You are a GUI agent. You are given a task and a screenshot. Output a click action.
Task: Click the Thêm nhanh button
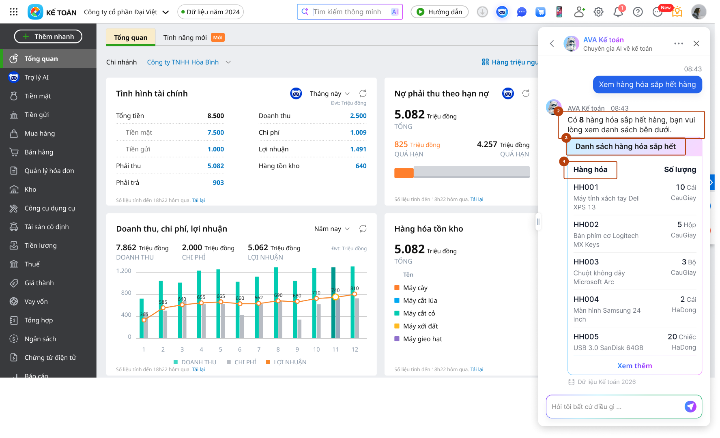pos(48,36)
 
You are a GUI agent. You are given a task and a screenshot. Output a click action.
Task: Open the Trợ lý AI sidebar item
pos(36,77)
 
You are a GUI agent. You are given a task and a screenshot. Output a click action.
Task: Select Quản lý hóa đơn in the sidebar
pos(49,171)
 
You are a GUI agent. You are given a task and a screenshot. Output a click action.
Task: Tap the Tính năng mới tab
pos(193,37)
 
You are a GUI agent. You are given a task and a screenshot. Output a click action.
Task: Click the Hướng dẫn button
pos(439,12)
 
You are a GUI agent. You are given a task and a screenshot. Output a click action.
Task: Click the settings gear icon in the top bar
pos(598,12)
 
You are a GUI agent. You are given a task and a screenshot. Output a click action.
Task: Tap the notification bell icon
pos(618,12)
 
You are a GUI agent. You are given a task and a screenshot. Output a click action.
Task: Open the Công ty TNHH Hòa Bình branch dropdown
pos(189,62)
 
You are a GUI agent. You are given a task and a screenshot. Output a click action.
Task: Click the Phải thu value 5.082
pos(215,166)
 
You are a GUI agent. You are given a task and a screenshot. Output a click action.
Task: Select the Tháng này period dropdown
pos(329,94)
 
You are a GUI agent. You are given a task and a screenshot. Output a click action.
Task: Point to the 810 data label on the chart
pos(355,288)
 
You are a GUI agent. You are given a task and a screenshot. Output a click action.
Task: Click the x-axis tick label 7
pos(259,349)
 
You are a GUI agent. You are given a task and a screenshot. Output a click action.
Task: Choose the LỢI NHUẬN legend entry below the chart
pos(286,362)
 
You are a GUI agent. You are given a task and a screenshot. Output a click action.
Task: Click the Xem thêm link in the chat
pos(634,366)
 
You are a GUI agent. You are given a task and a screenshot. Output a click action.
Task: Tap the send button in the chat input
pos(690,406)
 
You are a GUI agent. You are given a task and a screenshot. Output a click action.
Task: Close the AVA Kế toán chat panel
pos(696,43)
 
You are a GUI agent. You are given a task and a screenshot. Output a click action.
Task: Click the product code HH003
pos(586,262)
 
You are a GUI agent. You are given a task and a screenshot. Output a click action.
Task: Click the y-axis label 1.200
pos(124,271)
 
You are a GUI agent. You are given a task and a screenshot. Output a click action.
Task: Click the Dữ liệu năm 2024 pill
pos(211,12)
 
